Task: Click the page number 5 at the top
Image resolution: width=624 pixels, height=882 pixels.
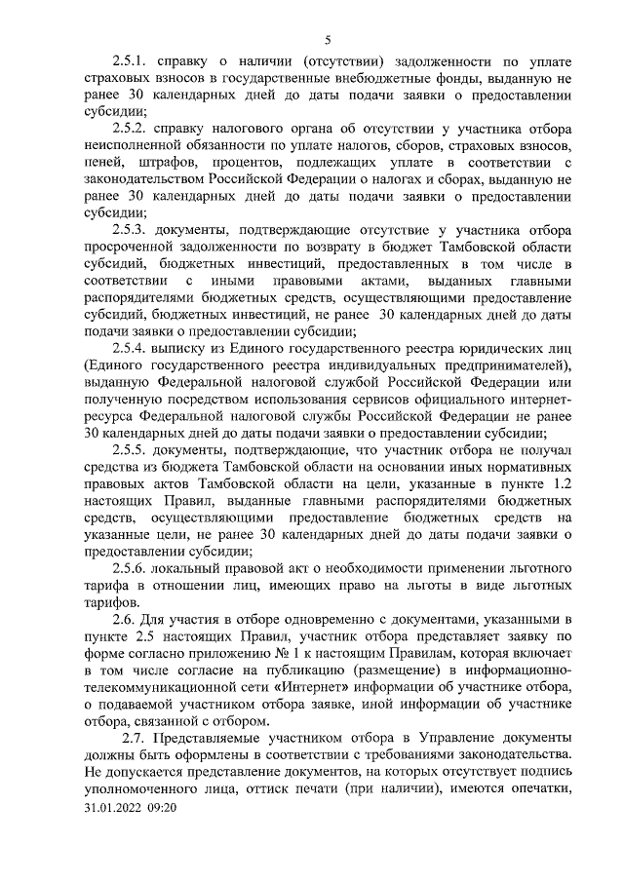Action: pyautogui.click(x=328, y=39)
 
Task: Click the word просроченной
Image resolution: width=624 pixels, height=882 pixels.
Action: pyautogui.click(x=130, y=247)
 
